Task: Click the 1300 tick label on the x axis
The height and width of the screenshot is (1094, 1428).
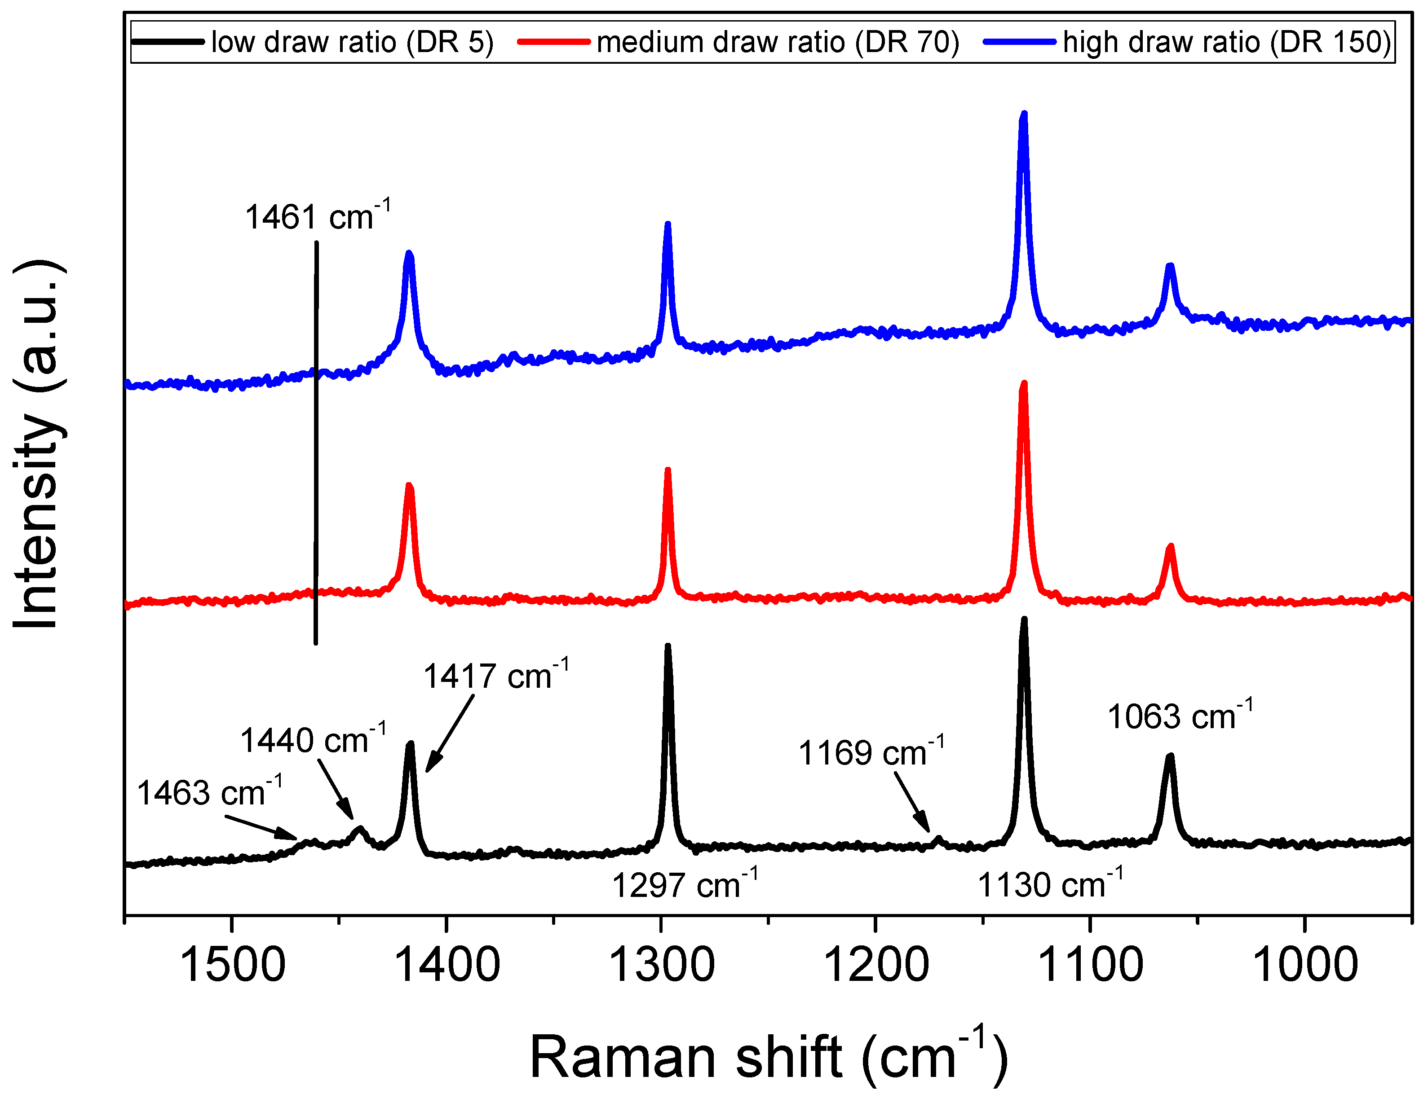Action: [661, 966]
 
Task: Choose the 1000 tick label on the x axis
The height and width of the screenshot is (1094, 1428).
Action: [1305, 966]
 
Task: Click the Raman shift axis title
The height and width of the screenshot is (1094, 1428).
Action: [769, 1058]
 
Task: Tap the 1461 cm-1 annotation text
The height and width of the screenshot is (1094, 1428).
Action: [317, 217]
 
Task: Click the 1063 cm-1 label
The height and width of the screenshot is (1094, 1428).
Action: [1180, 717]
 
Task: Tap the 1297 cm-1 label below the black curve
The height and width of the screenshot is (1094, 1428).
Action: [685, 886]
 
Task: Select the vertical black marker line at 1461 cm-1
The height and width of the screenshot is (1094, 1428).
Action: [316, 443]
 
